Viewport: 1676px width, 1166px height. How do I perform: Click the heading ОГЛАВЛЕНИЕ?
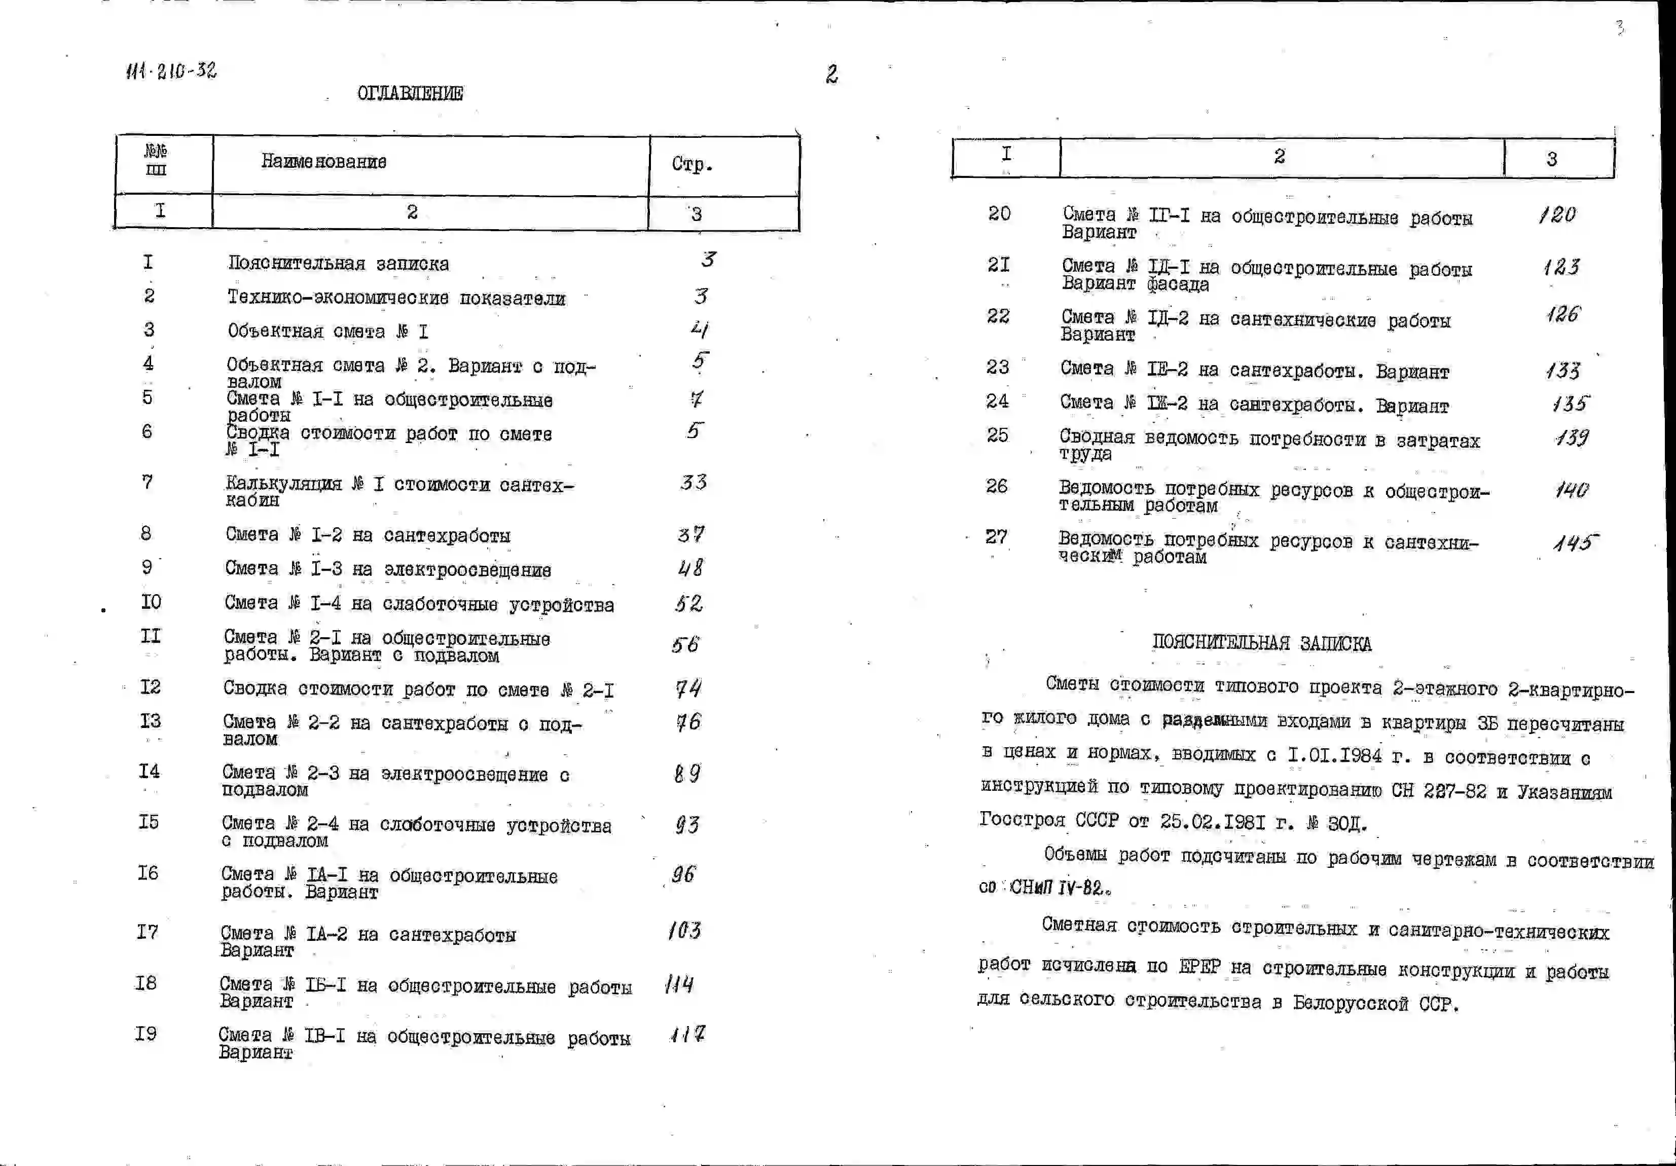pyautogui.click(x=410, y=93)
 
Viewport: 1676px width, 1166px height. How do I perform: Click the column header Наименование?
pyautogui.click(x=323, y=161)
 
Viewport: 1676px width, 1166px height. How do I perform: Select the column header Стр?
pyautogui.click(x=691, y=164)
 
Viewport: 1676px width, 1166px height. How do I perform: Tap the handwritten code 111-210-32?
pyautogui.click(x=171, y=71)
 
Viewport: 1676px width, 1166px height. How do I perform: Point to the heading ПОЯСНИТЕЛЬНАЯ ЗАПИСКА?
pyautogui.click(x=1261, y=643)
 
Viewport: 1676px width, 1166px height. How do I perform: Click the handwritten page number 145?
pyautogui.click(x=1575, y=542)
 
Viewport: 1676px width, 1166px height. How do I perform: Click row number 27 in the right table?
pyautogui.click(x=996, y=537)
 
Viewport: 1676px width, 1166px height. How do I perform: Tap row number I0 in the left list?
pyautogui.click(x=151, y=602)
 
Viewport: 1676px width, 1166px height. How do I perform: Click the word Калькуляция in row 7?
pyautogui.click(x=283, y=484)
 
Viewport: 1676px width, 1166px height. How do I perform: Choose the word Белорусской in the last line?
pyautogui.click(x=1351, y=1003)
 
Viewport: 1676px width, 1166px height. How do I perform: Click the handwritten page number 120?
pyautogui.click(x=1557, y=214)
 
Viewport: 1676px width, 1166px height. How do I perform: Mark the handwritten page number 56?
pyautogui.click(x=685, y=645)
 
